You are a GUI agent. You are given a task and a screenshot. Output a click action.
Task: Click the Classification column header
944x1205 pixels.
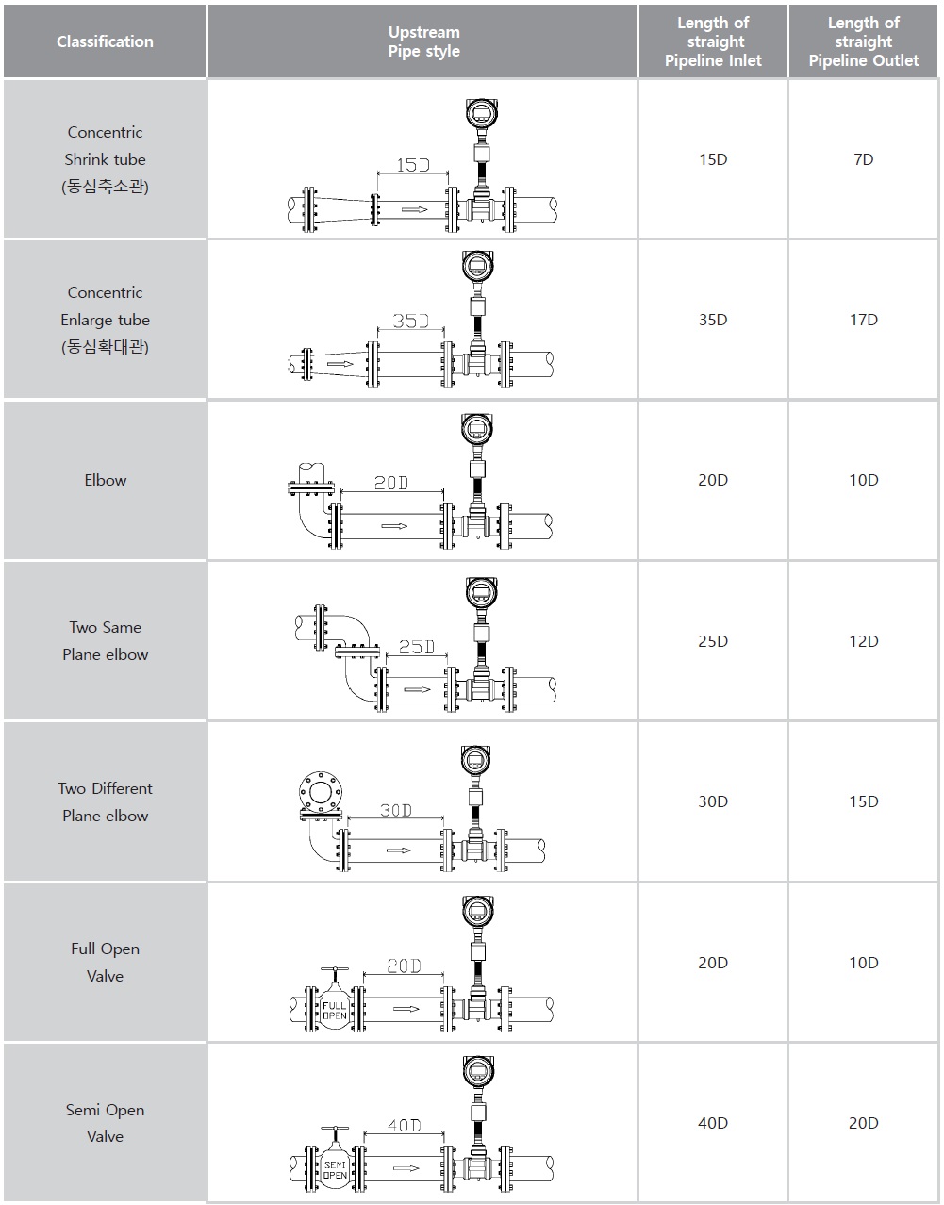tap(105, 41)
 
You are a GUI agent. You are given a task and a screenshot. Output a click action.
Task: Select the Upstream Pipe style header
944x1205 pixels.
tap(423, 41)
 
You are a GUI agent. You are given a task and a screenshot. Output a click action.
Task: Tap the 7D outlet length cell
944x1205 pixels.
tap(864, 159)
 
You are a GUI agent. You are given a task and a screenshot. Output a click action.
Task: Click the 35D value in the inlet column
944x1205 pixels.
tap(713, 320)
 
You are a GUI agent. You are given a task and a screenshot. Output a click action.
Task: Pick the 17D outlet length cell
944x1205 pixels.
tap(864, 320)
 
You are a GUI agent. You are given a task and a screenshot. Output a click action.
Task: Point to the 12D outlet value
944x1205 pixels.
tap(864, 641)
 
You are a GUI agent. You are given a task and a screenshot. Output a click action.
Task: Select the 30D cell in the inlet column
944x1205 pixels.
tap(713, 801)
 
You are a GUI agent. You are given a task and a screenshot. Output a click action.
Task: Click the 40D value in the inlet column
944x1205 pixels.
tap(713, 1123)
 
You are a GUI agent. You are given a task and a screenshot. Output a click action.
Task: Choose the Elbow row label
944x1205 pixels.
tap(106, 480)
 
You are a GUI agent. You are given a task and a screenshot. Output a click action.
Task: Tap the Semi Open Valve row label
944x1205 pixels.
tap(106, 1123)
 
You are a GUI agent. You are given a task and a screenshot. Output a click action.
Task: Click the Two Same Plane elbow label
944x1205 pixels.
tap(106, 641)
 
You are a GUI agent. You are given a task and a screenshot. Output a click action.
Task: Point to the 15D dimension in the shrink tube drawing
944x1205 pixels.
tap(413, 165)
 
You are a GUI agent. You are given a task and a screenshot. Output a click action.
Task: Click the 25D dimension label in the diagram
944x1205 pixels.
tap(417, 647)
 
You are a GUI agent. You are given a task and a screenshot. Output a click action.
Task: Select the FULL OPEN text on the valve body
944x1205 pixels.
tap(335, 1011)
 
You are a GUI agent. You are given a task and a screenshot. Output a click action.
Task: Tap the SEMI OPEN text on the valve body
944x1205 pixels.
tap(335, 1170)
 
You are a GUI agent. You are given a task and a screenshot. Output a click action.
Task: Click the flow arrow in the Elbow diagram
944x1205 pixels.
tap(394, 526)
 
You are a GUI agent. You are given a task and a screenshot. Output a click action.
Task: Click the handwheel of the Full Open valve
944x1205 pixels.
tap(335, 970)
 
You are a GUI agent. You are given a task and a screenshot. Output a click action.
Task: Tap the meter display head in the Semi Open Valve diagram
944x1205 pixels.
tap(477, 1071)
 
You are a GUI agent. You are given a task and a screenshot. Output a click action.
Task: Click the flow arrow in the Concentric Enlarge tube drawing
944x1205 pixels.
tap(340, 364)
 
